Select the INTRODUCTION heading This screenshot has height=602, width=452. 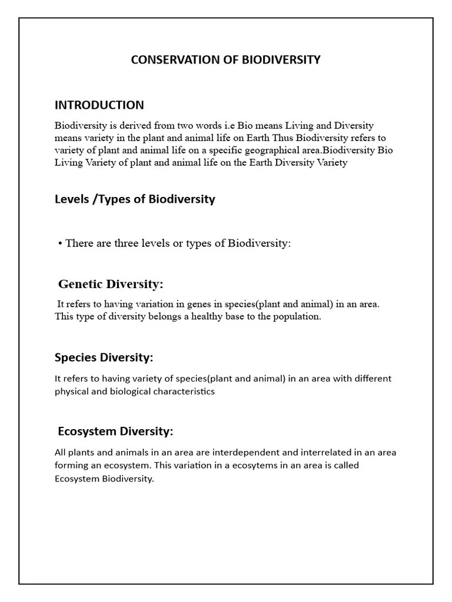(99, 105)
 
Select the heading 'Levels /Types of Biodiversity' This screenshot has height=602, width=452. (135, 199)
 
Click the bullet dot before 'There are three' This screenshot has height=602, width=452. (60, 243)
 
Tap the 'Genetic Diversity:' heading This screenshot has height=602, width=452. (111, 285)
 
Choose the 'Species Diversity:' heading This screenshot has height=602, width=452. (104, 357)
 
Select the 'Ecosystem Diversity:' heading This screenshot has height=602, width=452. (115, 432)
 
